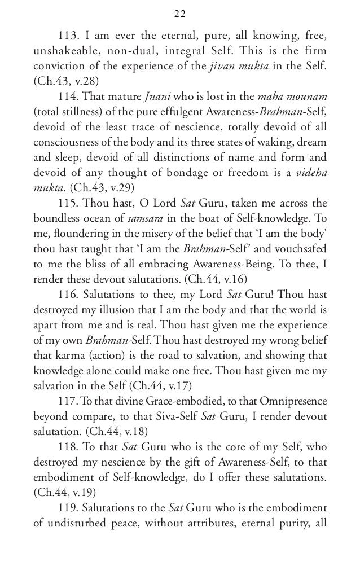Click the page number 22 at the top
coord(180,14)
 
